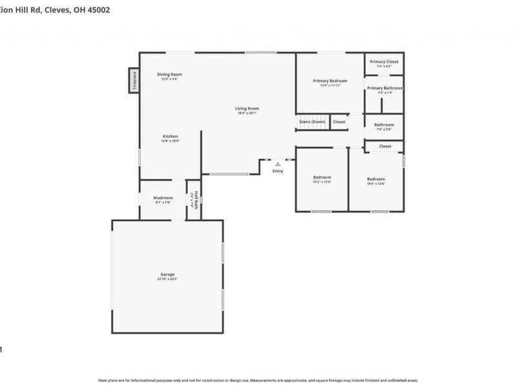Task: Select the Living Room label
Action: pos(247,108)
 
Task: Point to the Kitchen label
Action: pos(170,136)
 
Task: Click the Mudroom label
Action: pos(163,198)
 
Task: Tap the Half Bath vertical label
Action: pos(193,200)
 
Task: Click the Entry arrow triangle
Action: pos(278,164)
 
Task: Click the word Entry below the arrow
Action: pos(278,171)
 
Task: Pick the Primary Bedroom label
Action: pos(330,81)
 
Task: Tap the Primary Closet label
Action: pos(384,61)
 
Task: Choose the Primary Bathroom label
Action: pos(385,88)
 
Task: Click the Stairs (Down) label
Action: pos(312,122)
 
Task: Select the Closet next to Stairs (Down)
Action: pos(339,122)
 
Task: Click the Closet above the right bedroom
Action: pos(385,146)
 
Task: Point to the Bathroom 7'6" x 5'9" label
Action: pos(384,125)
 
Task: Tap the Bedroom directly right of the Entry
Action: pos(322,177)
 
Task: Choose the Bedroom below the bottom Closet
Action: pos(376,179)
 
